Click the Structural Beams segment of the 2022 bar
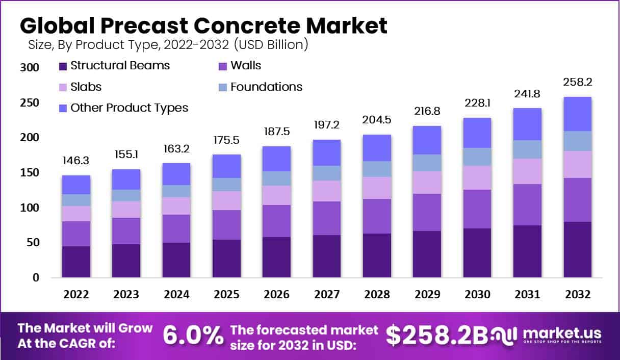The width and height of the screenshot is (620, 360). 76,262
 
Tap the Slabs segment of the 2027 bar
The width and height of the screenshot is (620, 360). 326,191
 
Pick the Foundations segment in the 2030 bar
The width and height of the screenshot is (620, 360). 477,157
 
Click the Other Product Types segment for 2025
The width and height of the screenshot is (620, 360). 226,166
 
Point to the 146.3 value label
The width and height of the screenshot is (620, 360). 76,160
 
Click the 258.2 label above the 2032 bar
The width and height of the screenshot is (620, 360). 577,82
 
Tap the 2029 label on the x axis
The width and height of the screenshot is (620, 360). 427,295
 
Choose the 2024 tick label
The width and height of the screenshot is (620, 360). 176,295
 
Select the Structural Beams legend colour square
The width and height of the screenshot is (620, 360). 63,66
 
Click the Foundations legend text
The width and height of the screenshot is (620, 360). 266,87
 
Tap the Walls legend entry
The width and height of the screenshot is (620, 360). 246,65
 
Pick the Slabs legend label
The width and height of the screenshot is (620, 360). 86,87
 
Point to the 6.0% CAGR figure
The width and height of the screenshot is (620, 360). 193,335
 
